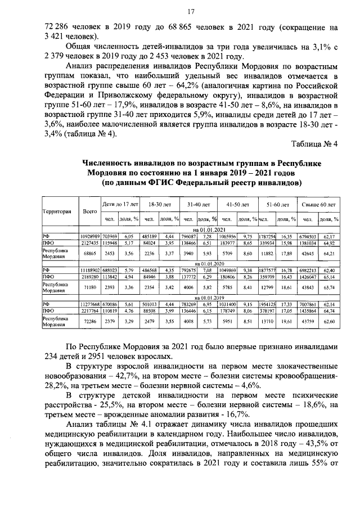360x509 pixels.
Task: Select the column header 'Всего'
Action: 88,211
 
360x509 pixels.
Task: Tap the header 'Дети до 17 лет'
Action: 119,205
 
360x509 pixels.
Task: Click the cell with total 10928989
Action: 90,236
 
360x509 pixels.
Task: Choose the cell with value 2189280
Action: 90,276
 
